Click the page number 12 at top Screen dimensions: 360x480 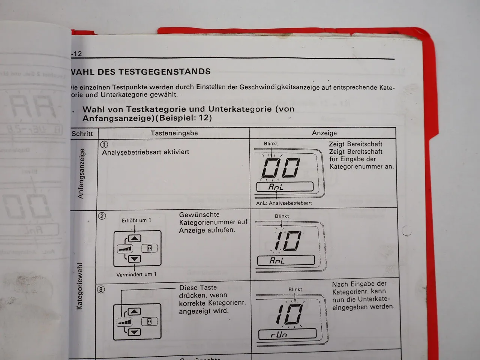(78, 54)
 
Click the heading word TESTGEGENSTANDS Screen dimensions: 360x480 (165, 72)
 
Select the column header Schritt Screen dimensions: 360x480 (82, 133)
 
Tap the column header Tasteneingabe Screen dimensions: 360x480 (174, 133)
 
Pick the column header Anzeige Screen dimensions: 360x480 (324, 133)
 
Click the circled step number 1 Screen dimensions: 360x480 (104, 144)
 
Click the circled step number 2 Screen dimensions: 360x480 (102, 216)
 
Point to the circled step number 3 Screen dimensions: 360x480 (101, 289)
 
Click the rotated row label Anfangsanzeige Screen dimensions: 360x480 (81, 174)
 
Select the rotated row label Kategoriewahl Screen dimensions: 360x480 (79, 286)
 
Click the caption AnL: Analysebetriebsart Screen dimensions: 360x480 (284, 203)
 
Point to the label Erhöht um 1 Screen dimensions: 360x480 (136, 220)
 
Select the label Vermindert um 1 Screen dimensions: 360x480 (136, 274)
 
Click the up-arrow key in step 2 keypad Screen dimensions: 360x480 (135, 238)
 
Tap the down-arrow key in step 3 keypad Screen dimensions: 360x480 (134, 331)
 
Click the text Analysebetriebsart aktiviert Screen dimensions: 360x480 (145, 152)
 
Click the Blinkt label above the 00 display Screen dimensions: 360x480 (271, 144)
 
